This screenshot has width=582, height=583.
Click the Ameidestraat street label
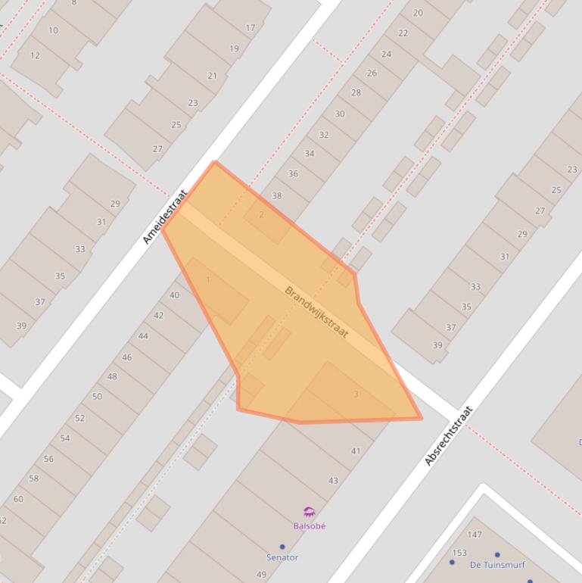(x=164, y=217)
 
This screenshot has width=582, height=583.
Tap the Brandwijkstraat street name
(x=316, y=312)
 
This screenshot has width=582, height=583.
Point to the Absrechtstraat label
(x=449, y=436)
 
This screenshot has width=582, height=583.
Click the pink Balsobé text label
(x=309, y=525)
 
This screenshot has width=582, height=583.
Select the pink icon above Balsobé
(x=309, y=513)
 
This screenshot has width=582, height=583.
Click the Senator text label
(x=282, y=557)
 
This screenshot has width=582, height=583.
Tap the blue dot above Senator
(x=282, y=547)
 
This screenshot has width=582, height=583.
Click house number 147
(x=475, y=535)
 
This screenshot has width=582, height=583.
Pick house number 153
(x=459, y=553)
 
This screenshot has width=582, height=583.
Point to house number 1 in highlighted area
(x=208, y=280)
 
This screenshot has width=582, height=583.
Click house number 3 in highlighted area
(x=356, y=394)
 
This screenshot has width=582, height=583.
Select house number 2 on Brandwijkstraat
(x=262, y=214)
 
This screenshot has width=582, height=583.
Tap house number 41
(x=356, y=451)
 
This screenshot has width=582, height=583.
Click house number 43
(x=333, y=481)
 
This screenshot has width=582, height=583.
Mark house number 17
(x=251, y=28)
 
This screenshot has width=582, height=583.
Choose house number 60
(x=18, y=499)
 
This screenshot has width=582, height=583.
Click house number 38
(x=277, y=195)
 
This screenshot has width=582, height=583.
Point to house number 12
(x=36, y=55)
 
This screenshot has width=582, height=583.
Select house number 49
(x=262, y=575)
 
